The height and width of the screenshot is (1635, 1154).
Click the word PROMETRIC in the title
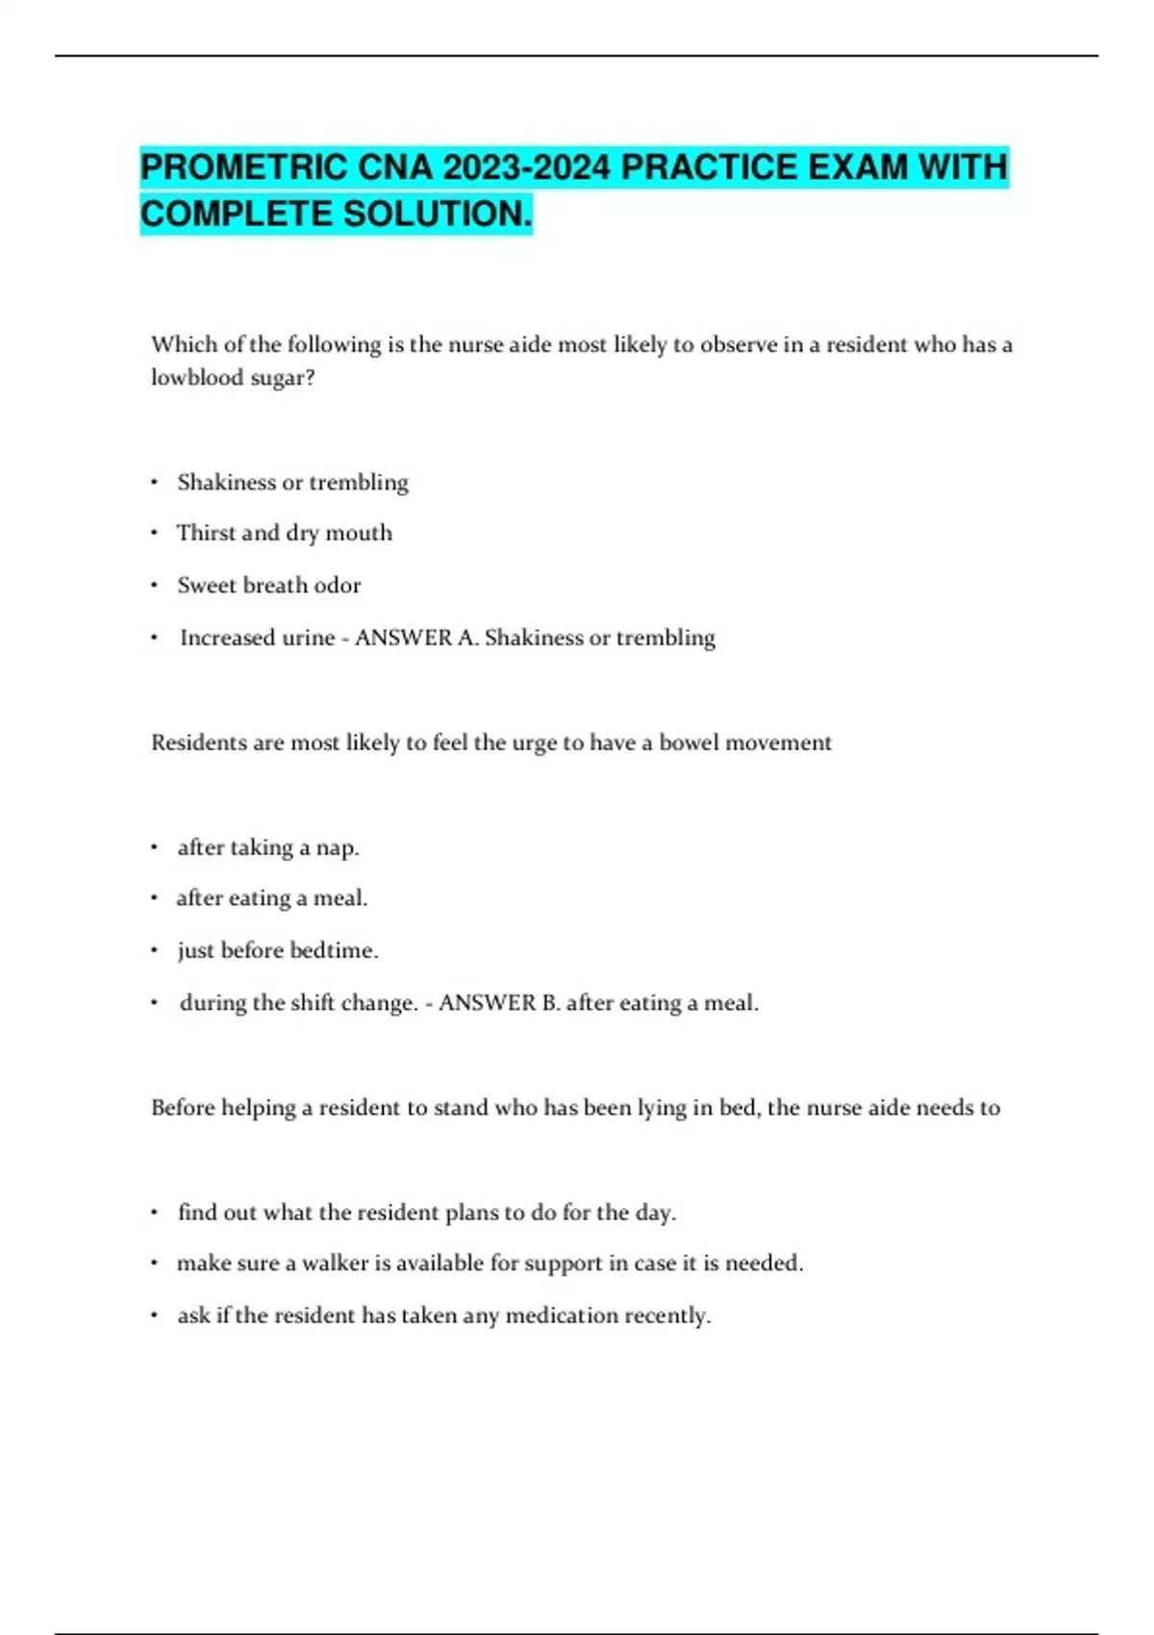click(x=244, y=167)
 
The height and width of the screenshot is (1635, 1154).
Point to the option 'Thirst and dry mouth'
click(x=285, y=533)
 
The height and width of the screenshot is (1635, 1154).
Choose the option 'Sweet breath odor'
click(x=269, y=585)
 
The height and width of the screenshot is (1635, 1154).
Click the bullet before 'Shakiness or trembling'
click(x=154, y=482)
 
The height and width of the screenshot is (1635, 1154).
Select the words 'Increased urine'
click(x=258, y=638)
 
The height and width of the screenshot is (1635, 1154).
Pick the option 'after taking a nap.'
click(x=268, y=847)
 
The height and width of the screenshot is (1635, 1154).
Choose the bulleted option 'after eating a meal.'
click(x=272, y=898)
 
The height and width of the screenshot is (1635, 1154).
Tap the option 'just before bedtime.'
click(x=278, y=950)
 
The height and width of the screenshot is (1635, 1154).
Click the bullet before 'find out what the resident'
click(x=154, y=1213)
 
